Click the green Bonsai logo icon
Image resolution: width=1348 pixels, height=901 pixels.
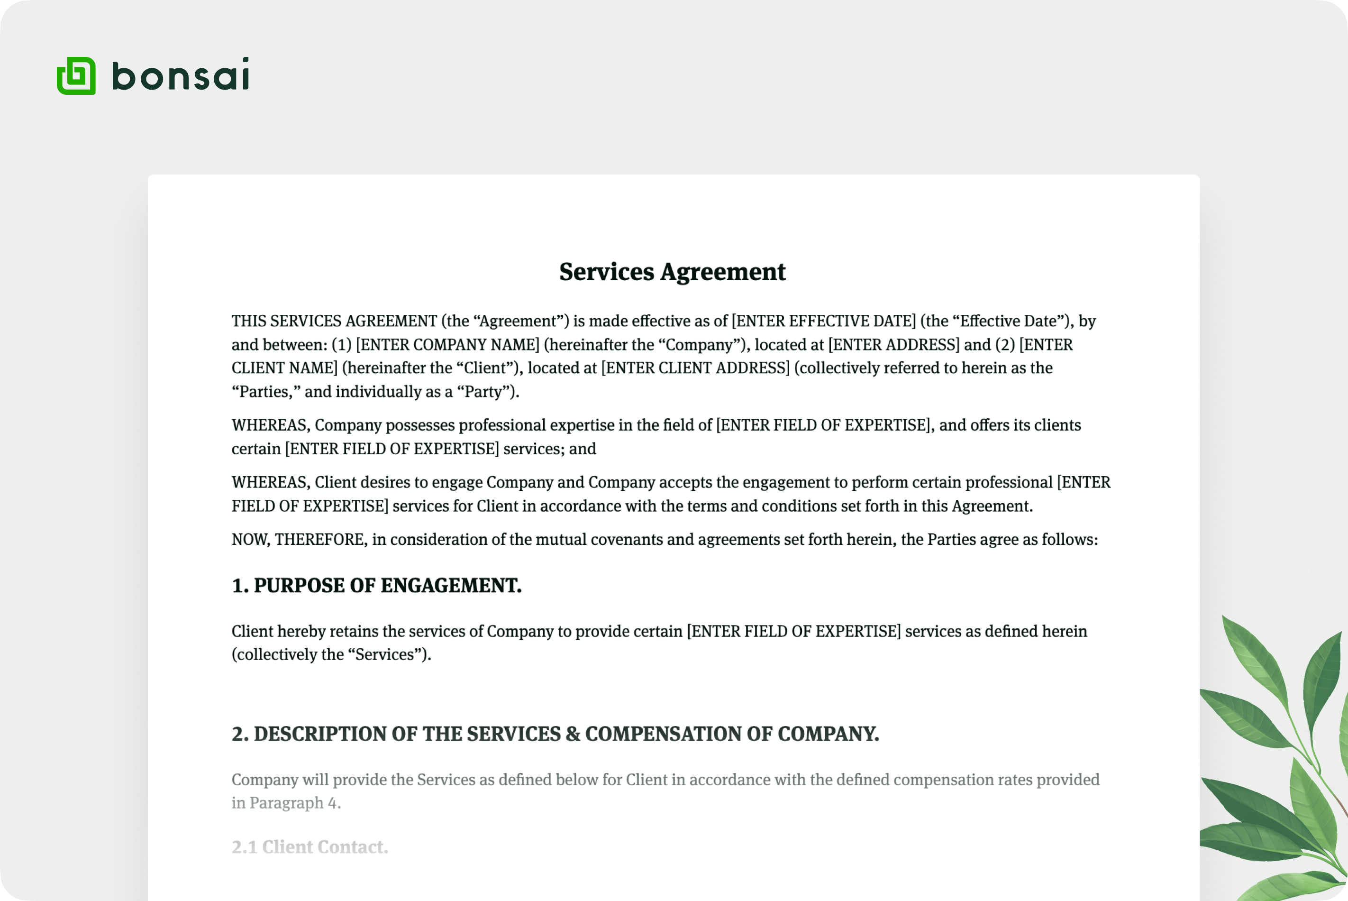click(76, 75)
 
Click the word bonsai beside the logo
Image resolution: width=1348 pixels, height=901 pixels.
click(180, 75)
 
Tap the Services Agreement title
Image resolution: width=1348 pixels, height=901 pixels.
click(672, 272)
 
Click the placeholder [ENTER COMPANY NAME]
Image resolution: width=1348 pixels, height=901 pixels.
click(447, 345)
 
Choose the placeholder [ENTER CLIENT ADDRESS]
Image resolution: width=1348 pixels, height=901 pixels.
click(695, 368)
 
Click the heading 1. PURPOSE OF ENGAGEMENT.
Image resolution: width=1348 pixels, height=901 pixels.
click(376, 586)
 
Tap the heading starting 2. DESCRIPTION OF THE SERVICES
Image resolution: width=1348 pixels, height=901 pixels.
click(555, 734)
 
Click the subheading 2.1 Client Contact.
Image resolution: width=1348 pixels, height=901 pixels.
click(310, 847)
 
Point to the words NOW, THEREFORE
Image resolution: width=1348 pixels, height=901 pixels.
click(299, 540)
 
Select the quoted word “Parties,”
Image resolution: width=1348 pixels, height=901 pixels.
click(266, 392)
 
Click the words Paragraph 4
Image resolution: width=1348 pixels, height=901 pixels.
click(295, 803)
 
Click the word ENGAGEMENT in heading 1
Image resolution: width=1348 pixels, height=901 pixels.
click(451, 586)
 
